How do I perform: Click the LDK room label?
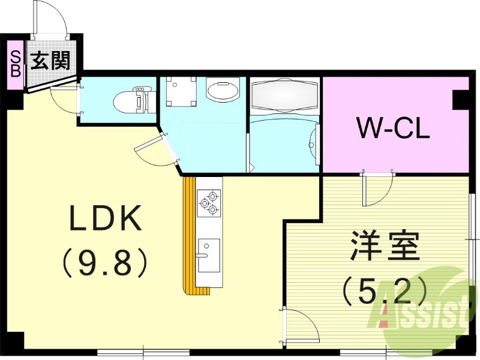pyautogui.click(x=106, y=218)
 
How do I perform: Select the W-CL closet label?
pyautogui.click(x=394, y=128)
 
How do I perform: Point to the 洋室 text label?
pyautogui.click(x=385, y=246)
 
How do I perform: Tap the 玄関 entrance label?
pyautogui.click(x=51, y=61)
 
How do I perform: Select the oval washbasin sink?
pyautogui.click(x=223, y=89)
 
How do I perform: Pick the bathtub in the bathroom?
pyautogui.click(x=284, y=95)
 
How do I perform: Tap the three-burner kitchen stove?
pyautogui.click(x=208, y=202)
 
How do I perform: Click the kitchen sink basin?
pyautogui.click(x=208, y=256)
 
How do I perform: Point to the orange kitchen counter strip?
pyautogui.click(x=192, y=236)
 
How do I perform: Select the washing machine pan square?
pyautogui.click(x=181, y=92)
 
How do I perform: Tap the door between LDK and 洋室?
pyautogui.click(x=301, y=325)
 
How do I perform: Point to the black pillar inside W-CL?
pyautogui.click(x=461, y=100)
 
